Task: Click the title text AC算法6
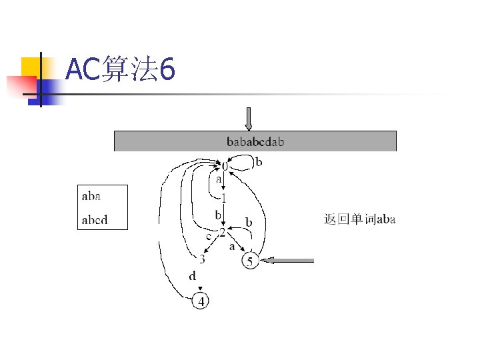[x=121, y=69]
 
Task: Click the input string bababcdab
[x=256, y=141]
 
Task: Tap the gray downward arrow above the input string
[x=249, y=119]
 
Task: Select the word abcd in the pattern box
[x=95, y=219]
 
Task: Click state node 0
[x=225, y=165]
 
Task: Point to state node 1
[x=224, y=198]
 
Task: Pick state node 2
[x=223, y=231]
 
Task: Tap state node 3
[x=201, y=259]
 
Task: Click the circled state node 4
[x=200, y=301]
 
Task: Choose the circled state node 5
[x=250, y=261]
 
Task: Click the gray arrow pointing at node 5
[x=287, y=261]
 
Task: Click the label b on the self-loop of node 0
[x=259, y=161]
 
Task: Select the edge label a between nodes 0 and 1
[x=218, y=180]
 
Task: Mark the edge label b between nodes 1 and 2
[x=217, y=215]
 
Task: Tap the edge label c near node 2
[x=208, y=235]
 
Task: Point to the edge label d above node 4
[x=193, y=275]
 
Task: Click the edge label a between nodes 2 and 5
[x=232, y=247]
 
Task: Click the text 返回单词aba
[x=360, y=219]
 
